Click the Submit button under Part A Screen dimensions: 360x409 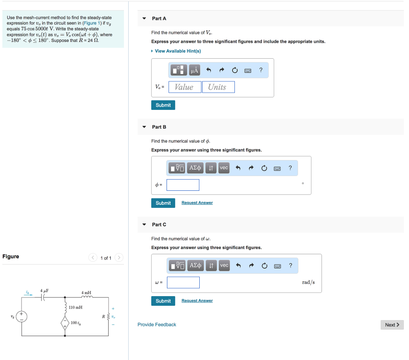coord(163,105)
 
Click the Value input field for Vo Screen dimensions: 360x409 coord(185,87)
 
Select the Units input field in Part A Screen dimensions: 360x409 coord(218,87)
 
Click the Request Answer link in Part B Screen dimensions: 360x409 coord(197,203)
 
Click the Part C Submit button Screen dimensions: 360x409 coord(163,301)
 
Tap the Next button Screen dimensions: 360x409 coord(392,325)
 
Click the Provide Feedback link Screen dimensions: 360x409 coord(157,324)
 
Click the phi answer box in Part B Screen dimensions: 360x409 coord(183,185)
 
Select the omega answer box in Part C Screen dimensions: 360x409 coord(183,283)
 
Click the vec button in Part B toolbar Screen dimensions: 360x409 coord(224,168)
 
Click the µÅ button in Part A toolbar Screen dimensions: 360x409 coord(195,71)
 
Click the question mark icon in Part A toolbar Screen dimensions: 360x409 coord(261,70)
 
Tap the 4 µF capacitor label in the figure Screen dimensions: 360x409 coord(44,290)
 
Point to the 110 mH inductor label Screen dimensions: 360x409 coord(75,307)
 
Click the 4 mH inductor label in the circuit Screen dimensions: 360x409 coord(86,293)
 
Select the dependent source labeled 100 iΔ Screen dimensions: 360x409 coord(65,322)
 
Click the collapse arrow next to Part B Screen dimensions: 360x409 coord(144,127)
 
